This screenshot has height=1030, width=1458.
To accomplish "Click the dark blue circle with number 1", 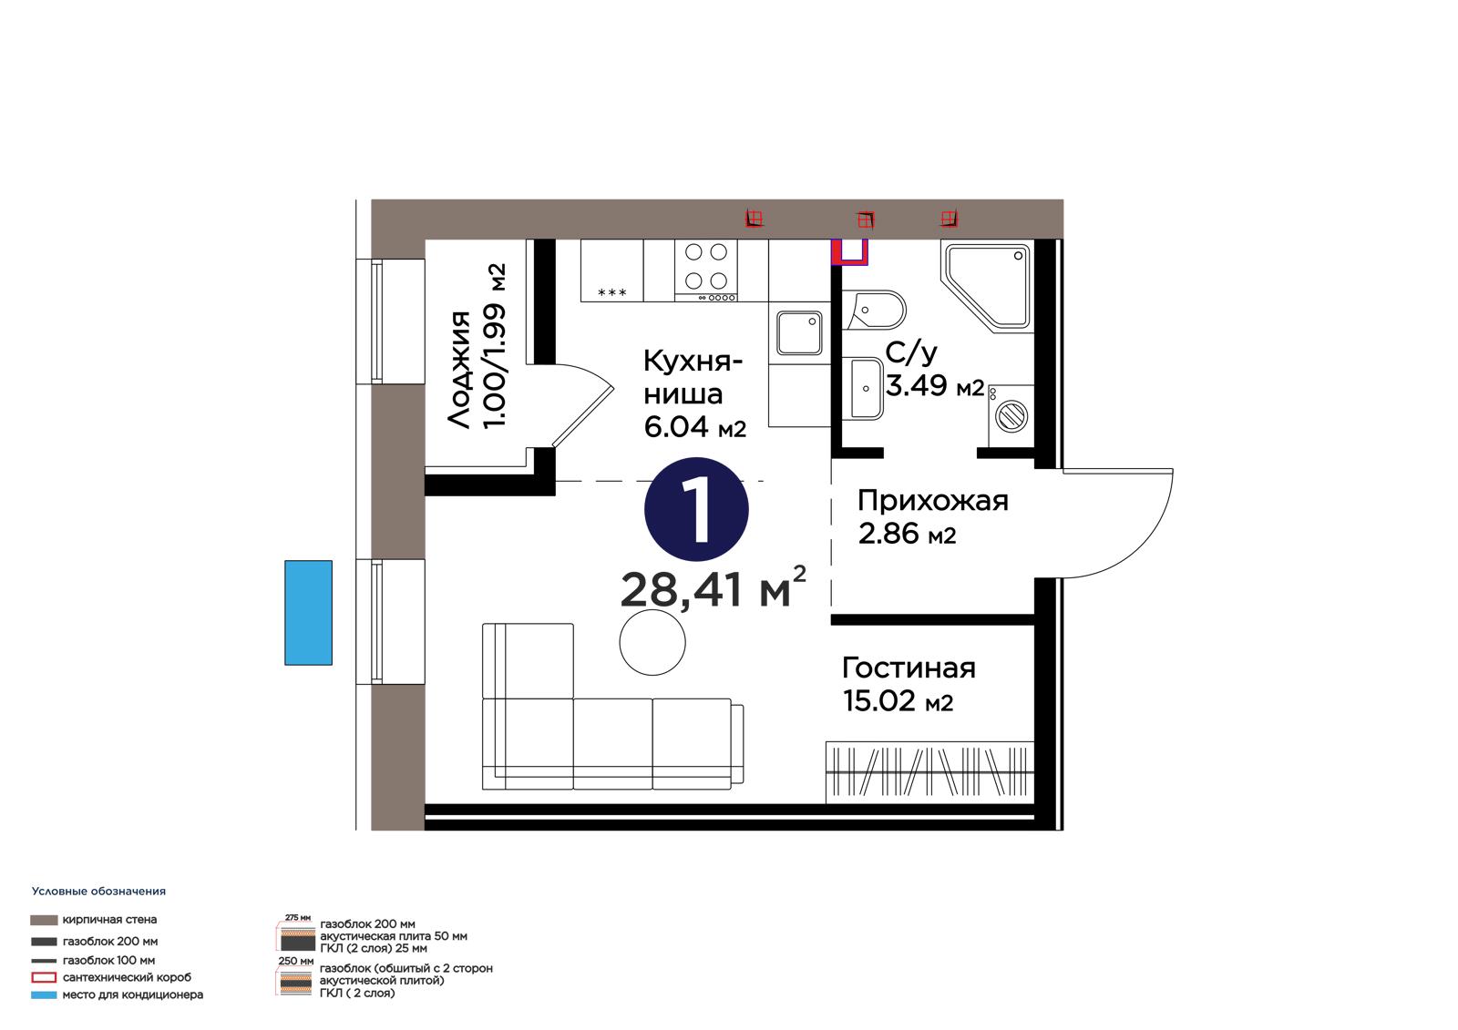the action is coord(696,509).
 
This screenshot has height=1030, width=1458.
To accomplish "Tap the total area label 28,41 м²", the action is coord(713,588).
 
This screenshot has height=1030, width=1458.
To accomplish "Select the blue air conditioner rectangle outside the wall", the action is coord(309,612).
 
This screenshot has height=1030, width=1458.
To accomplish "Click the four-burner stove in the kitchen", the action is coord(706,270).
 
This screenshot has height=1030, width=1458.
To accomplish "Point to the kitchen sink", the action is coord(799,332).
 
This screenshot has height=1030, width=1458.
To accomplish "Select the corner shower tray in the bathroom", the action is coord(988,287).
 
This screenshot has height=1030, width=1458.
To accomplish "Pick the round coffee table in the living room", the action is coord(652,643).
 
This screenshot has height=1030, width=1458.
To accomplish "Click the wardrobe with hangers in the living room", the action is coord(929,772).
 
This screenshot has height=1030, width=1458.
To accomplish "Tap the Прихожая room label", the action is coord(933,501).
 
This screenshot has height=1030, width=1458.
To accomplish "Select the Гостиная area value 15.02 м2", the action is coord(898,701).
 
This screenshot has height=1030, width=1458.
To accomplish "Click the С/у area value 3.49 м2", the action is coord(935,386).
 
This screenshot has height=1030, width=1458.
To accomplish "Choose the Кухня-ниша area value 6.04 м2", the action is coord(694,427).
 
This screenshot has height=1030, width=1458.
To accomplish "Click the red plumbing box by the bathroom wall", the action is coord(850,252).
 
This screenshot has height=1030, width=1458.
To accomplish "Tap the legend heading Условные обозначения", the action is coord(99,892).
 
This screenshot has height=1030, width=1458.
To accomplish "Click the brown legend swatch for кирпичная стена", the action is coord(44,920).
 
